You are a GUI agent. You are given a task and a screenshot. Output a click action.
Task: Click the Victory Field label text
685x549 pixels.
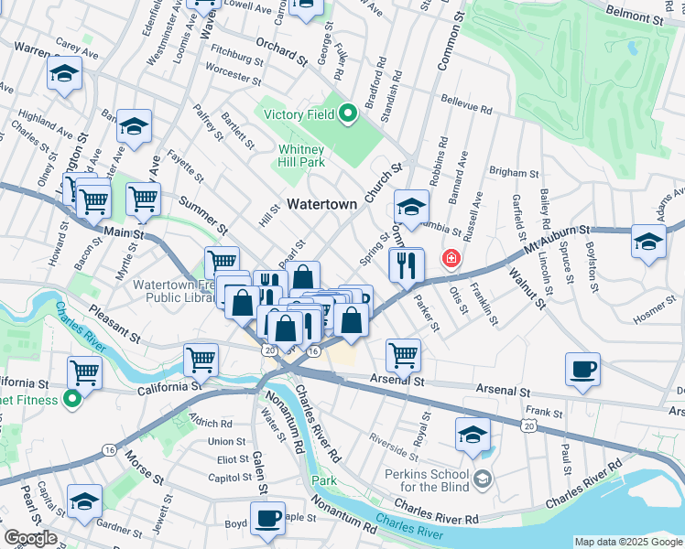[298, 115]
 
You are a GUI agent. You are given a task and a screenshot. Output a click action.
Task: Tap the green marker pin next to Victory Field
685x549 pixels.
[347, 114]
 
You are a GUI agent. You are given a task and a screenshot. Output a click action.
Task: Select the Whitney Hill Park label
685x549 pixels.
[301, 156]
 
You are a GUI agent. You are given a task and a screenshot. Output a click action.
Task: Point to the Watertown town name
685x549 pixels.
[322, 205]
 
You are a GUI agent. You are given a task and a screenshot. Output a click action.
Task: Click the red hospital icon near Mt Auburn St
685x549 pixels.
[451, 259]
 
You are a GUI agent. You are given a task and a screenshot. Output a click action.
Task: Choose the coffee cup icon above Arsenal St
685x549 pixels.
[582, 370]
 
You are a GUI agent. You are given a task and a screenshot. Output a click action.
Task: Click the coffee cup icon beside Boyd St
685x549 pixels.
[267, 518]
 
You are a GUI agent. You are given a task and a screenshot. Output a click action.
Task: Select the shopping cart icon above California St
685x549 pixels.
[201, 360]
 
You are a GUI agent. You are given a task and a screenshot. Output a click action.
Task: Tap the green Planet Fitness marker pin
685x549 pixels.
[72, 400]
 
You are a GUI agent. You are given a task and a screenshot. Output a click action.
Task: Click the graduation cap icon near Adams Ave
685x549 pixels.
[647, 242]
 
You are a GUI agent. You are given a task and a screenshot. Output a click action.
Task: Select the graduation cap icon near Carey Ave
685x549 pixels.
[64, 75]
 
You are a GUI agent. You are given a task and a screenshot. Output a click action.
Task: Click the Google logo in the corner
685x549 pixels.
[30, 538]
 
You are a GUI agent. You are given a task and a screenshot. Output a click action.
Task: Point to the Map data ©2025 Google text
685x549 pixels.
[627, 542]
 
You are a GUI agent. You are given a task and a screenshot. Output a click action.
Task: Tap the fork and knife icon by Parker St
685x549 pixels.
[407, 265]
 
